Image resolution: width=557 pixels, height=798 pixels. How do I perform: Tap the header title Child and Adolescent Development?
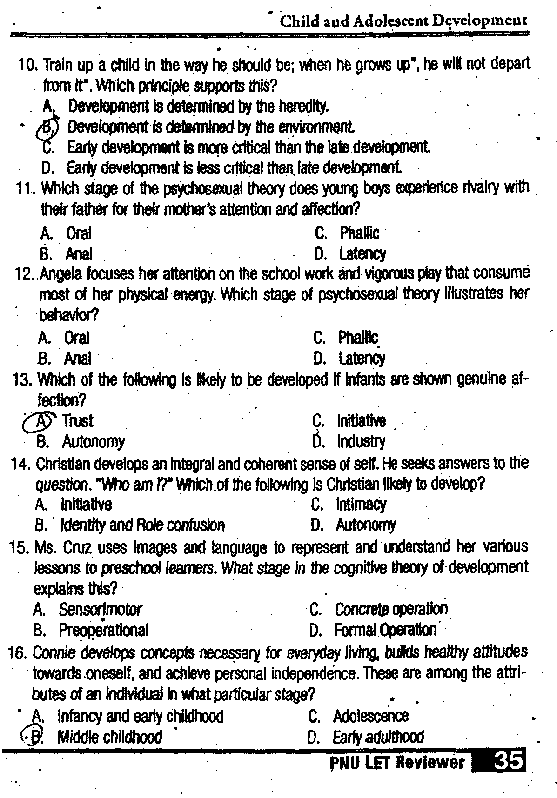click(x=403, y=21)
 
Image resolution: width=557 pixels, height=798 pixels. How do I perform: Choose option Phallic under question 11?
click(x=359, y=233)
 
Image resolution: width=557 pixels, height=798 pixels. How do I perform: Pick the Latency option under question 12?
click(x=362, y=359)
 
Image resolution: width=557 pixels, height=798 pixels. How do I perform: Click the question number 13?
click(x=22, y=380)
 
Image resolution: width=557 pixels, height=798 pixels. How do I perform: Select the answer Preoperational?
click(x=103, y=630)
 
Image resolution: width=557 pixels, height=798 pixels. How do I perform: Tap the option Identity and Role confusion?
click(x=142, y=525)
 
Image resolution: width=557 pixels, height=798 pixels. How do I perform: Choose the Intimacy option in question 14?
click(x=361, y=505)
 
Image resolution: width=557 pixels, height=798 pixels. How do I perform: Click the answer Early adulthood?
click(x=378, y=737)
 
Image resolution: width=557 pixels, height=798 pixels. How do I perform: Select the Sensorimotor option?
click(x=100, y=609)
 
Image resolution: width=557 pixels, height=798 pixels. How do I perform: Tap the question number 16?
click(x=18, y=653)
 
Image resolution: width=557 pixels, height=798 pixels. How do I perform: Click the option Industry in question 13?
click(x=361, y=441)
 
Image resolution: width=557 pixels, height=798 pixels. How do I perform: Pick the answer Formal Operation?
click(x=385, y=630)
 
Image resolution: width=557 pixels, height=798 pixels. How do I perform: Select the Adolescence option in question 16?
click(x=371, y=716)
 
